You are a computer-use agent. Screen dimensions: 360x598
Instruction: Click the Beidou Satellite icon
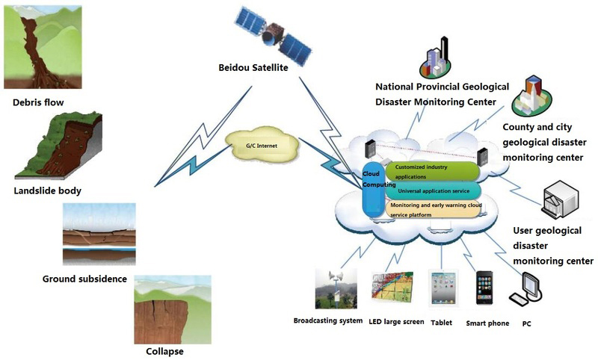(272, 34)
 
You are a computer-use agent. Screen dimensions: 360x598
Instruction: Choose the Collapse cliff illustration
(172, 309)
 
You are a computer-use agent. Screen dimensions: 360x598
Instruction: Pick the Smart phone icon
(484, 288)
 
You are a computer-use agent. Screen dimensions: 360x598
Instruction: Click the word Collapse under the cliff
(164, 351)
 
